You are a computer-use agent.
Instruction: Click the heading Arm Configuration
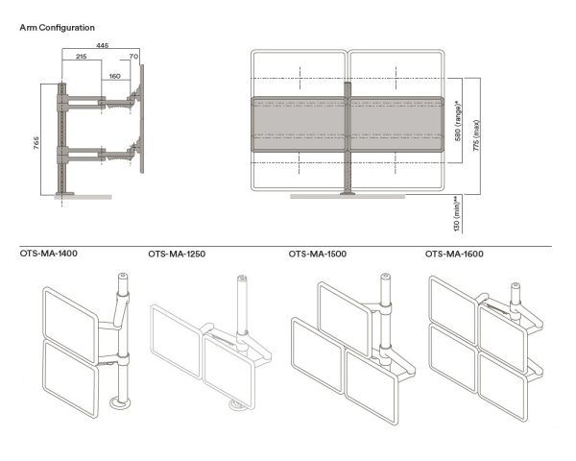57,28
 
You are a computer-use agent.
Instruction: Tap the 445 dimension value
101,45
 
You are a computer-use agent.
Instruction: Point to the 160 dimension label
114,75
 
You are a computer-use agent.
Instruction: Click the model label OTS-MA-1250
177,255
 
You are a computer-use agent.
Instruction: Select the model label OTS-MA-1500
317,255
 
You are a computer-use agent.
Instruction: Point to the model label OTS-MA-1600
454,255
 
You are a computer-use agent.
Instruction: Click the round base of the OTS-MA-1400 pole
122,403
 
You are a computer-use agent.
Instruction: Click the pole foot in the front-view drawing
348,194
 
